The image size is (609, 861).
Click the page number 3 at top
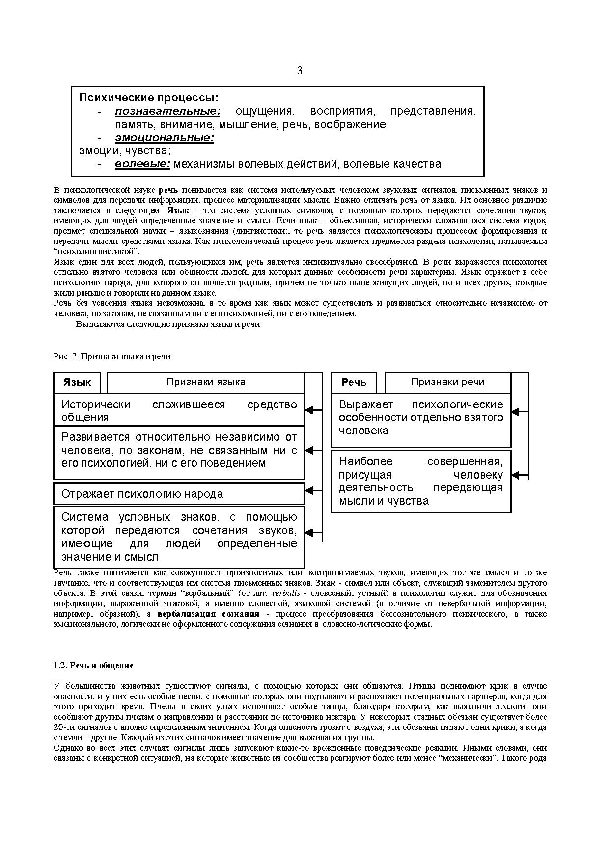pos(300,71)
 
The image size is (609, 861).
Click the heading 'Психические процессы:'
pos(149,97)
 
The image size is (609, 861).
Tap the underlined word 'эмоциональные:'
pos(165,138)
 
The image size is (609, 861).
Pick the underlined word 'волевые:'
pos(142,164)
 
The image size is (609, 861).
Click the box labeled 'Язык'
pos(77,382)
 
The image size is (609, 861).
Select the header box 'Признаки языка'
pos(206,382)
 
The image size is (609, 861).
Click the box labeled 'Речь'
pos(354,382)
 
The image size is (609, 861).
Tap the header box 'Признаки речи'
pos(447,382)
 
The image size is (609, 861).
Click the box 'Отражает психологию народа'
pos(179,494)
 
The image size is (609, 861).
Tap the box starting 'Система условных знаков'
pos(179,537)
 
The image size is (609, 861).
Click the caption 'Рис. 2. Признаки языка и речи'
pos(112,357)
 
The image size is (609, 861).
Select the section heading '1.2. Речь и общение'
pos(93,666)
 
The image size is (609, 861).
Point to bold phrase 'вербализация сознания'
pos(208,614)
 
